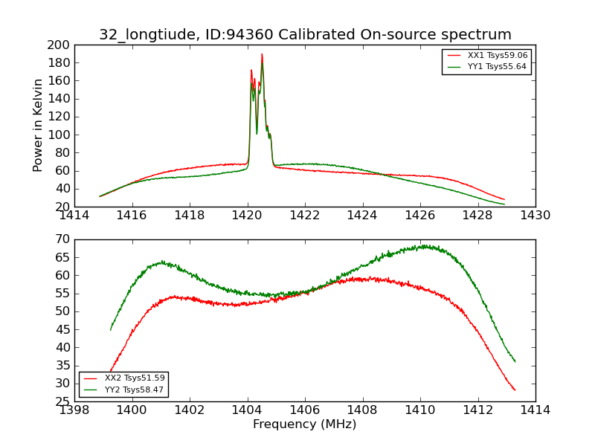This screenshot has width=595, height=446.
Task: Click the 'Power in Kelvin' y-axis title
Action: pos(39,126)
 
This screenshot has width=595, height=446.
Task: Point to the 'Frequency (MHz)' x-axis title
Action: pos(304,424)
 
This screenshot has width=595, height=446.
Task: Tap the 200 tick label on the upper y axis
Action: pos(59,45)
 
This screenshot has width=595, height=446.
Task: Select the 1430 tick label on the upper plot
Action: pos(535,216)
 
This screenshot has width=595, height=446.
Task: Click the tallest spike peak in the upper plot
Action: pos(262,54)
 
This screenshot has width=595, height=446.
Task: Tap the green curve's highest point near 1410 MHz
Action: pos(425,245)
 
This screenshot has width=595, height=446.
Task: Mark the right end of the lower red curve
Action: pos(515,390)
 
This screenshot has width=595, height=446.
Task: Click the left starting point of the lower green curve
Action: pos(111,330)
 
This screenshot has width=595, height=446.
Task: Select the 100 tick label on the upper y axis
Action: pos(59,135)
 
